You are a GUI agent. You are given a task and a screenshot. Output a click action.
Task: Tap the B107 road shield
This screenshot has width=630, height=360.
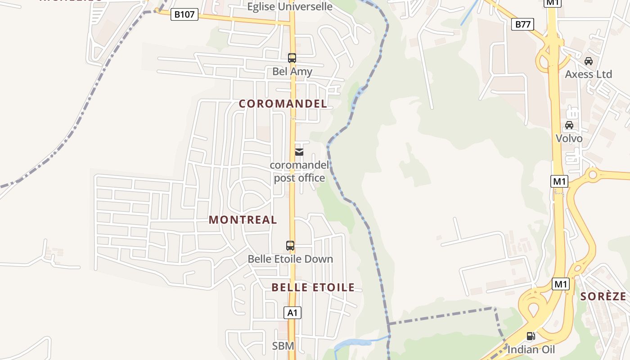(184, 14)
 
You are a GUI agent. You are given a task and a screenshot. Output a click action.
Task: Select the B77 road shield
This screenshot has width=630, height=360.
(522, 24)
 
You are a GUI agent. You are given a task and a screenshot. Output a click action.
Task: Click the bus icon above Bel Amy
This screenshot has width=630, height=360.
(292, 58)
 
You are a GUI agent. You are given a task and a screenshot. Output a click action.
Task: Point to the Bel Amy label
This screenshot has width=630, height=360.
(292, 72)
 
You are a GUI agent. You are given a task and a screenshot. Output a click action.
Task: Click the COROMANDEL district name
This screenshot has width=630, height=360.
(283, 103)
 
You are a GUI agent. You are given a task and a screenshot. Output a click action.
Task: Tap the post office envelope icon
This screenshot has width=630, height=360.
(299, 152)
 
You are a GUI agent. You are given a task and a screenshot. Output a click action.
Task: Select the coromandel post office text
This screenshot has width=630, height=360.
(299, 171)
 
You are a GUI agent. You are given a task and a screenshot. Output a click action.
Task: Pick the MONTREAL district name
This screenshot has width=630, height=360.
(243, 220)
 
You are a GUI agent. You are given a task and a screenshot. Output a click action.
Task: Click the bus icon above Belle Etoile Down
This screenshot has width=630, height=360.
(290, 246)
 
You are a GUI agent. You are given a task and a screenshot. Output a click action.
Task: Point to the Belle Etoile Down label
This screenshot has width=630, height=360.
(290, 259)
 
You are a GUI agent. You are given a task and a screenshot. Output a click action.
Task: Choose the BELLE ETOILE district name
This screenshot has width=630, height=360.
(313, 287)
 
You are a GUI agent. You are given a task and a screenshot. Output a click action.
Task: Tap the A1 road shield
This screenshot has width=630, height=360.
(292, 313)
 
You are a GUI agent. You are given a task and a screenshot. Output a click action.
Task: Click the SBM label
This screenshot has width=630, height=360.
(283, 346)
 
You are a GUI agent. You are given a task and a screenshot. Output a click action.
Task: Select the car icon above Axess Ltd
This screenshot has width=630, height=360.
(588, 61)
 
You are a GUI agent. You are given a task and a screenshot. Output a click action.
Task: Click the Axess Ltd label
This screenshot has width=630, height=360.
(588, 74)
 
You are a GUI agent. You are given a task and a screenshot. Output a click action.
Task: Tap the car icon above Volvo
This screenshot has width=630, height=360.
(569, 125)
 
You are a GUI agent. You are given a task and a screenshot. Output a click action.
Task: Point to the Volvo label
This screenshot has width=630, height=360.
(569, 138)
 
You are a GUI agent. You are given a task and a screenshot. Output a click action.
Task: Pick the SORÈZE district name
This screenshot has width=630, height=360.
(603, 296)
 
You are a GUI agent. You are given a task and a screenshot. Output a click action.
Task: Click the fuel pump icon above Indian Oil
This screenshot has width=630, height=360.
(531, 336)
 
